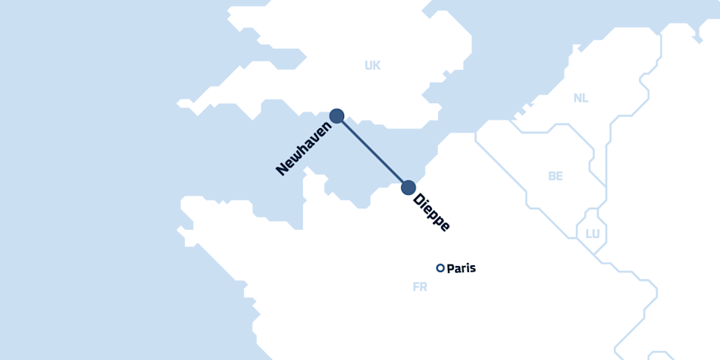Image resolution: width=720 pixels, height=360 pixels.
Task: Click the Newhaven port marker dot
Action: pyautogui.click(x=337, y=116)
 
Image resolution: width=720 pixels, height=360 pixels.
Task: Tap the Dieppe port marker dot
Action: pyautogui.click(x=409, y=187)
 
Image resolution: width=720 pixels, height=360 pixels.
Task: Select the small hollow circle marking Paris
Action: pyautogui.click(x=440, y=268)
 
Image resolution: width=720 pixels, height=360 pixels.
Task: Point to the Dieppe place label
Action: pyautogui.click(x=432, y=213)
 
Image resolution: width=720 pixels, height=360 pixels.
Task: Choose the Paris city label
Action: pyautogui.click(x=462, y=268)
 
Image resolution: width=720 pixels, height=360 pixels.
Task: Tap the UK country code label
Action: pyautogui.click(x=372, y=65)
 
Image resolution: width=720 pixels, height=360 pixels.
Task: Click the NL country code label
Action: pyautogui.click(x=581, y=98)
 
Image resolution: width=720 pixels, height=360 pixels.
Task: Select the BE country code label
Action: pyautogui.click(x=556, y=176)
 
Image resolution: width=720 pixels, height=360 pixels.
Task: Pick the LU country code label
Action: pyautogui.click(x=593, y=233)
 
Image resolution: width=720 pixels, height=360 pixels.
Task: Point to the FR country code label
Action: pyautogui.click(x=420, y=287)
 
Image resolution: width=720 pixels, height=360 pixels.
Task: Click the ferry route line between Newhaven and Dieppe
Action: pyautogui.click(x=373, y=152)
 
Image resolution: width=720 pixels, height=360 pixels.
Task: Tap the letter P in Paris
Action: pyautogui.click(x=451, y=268)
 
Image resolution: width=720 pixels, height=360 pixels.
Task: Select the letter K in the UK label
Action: pyautogui.click(x=377, y=65)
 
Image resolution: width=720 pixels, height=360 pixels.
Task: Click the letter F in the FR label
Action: pyautogui.click(x=416, y=287)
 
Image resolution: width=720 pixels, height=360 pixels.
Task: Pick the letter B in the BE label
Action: pyautogui.click(x=552, y=176)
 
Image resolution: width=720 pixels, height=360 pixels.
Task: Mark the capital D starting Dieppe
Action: pyautogui.click(x=418, y=201)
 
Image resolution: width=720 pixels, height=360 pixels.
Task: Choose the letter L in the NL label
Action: pyautogui.click(x=584, y=98)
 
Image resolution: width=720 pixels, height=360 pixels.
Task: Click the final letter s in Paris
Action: pyautogui.click(x=473, y=268)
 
